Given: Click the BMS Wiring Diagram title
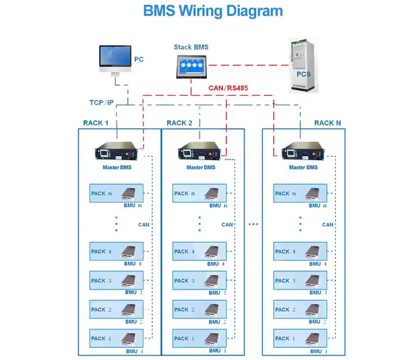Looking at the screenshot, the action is [213, 12].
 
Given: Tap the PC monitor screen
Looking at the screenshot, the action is [115, 56].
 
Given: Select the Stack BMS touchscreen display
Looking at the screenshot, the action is [191, 67].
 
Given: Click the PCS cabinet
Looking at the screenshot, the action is [303, 65].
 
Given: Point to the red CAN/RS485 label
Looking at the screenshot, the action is [228, 88].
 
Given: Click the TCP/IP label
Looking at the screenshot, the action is [101, 103].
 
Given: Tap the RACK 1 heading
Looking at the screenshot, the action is [96, 123].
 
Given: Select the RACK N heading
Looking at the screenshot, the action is [327, 123].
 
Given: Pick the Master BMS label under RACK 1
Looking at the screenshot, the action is [117, 167].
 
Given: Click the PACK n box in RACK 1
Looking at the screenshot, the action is [116, 193].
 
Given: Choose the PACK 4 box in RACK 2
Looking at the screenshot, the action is [199, 251].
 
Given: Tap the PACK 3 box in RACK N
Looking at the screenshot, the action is [300, 280].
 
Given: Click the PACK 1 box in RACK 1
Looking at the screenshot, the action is [116, 338].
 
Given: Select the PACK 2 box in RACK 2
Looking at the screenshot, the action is [199, 309].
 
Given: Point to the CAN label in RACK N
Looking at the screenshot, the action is [327, 224].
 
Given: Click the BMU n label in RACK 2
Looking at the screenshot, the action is [218, 205].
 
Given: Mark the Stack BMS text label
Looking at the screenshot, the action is [191, 47].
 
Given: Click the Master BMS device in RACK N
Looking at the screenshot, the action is [303, 151].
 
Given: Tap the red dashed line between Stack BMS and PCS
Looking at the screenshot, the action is [249, 65].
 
